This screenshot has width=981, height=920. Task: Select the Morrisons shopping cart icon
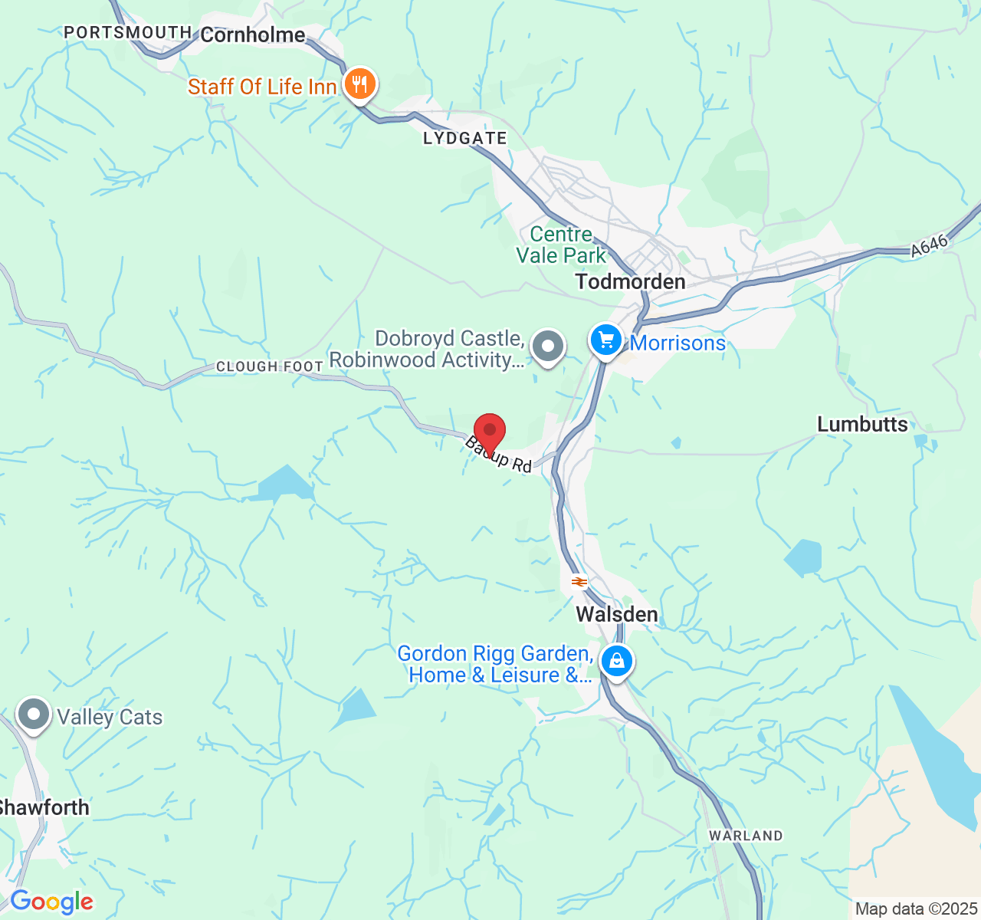click(x=606, y=340)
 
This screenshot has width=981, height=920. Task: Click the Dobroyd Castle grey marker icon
click(x=547, y=347)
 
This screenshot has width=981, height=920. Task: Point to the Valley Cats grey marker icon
click(x=33, y=715)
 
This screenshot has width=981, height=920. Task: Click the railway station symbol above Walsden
click(x=579, y=583)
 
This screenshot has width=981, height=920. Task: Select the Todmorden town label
click(x=630, y=282)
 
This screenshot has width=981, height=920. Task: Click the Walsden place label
click(x=616, y=615)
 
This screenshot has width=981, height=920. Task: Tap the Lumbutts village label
click(x=862, y=425)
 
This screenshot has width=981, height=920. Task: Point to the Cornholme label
click(x=253, y=34)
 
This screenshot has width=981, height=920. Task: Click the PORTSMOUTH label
click(x=127, y=32)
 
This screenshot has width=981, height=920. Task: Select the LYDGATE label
click(x=465, y=139)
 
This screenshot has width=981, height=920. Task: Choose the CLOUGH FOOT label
click(x=269, y=366)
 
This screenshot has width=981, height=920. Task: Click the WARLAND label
click(x=746, y=836)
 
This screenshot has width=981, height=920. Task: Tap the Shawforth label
click(x=44, y=807)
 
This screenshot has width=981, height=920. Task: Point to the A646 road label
click(x=930, y=245)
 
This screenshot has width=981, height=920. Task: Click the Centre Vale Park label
click(x=561, y=245)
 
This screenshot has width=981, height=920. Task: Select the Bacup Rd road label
click(x=498, y=455)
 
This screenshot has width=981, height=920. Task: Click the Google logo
click(x=51, y=902)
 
